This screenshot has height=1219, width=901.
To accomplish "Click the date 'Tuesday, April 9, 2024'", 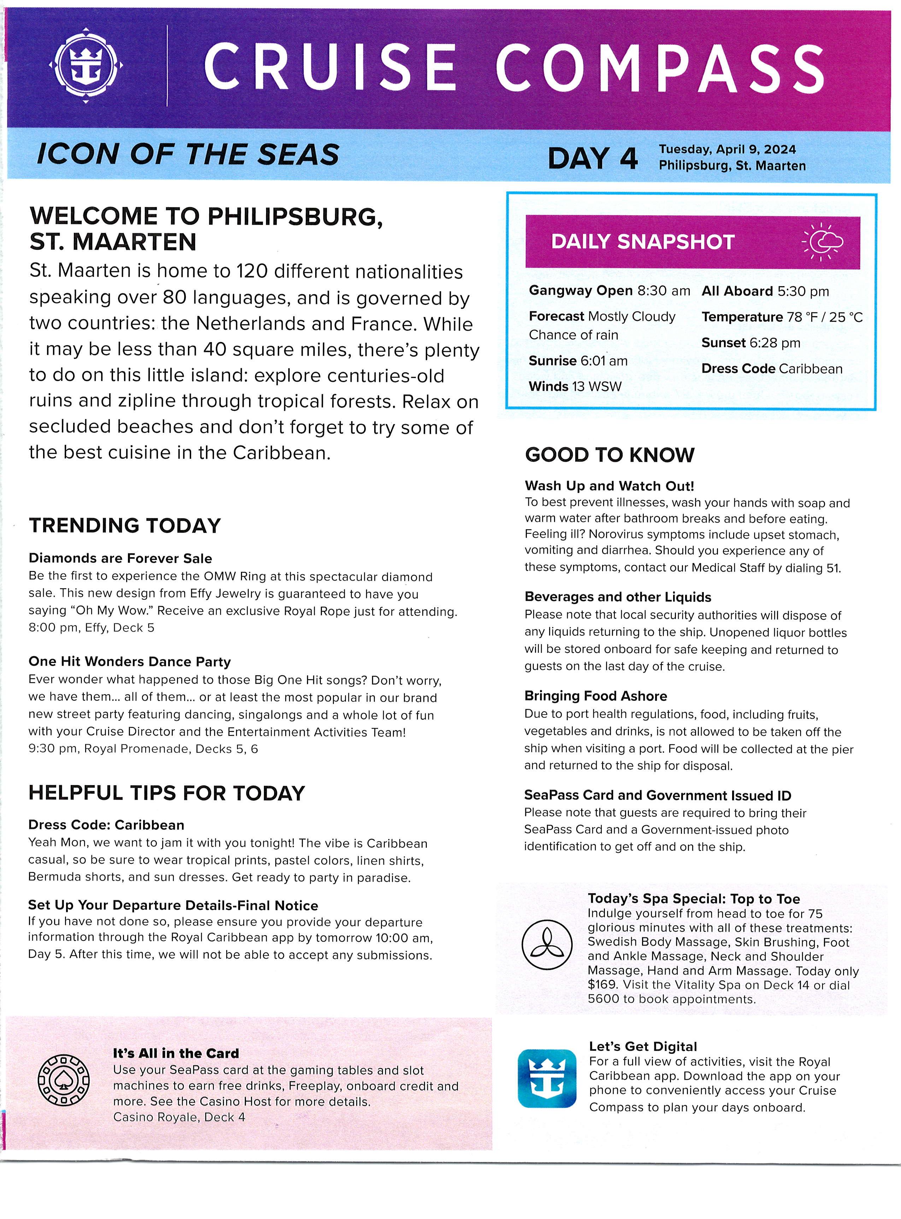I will coord(727,149).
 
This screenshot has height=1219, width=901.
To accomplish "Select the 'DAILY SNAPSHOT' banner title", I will coord(642,242).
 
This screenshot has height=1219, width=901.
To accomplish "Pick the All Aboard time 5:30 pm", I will coord(803,291).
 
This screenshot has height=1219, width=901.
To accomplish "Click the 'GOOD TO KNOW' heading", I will coord(609,455).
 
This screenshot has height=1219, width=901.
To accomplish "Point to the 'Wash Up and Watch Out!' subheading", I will coord(609,485).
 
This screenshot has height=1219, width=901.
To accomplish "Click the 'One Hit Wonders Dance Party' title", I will coord(129,661).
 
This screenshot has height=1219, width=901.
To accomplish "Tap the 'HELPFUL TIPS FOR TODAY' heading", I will coord(166,793).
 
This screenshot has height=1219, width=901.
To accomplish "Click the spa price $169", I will coord(602,984).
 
